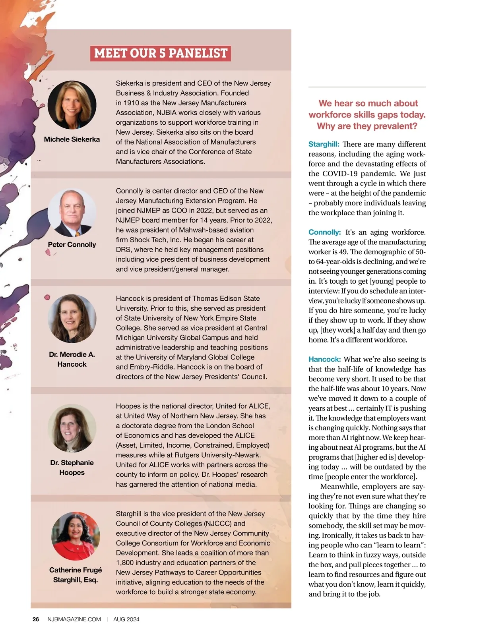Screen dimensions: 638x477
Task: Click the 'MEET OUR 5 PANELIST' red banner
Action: click(x=161, y=53)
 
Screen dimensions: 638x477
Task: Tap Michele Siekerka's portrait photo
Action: click(x=72, y=105)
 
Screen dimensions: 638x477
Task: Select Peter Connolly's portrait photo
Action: click(x=72, y=213)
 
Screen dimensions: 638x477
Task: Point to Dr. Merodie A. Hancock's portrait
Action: click(x=72, y=319)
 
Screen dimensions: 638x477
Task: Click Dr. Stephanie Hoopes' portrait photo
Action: click(x=72, y=428)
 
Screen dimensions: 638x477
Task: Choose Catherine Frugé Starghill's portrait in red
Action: click(x=76, y=536)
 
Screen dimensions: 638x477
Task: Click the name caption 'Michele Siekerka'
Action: click(x=72, y=139)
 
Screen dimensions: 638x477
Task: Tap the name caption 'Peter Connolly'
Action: click(x=72, y=245)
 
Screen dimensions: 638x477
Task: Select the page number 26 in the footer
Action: click(x=36, y=619)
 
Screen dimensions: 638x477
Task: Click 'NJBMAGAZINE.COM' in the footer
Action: click(x=74, y=619)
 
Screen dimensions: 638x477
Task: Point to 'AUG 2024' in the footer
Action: click(x=126, y=619)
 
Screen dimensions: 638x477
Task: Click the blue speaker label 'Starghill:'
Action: click(x=324, y=144)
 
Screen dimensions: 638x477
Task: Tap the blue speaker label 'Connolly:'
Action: click(x=324, y=232)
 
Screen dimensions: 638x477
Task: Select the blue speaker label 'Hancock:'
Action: click(x=324, y=360)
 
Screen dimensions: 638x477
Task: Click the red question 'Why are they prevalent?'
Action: click(x=367, y=126)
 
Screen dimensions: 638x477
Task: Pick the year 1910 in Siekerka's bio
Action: click(x=131, y=103)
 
